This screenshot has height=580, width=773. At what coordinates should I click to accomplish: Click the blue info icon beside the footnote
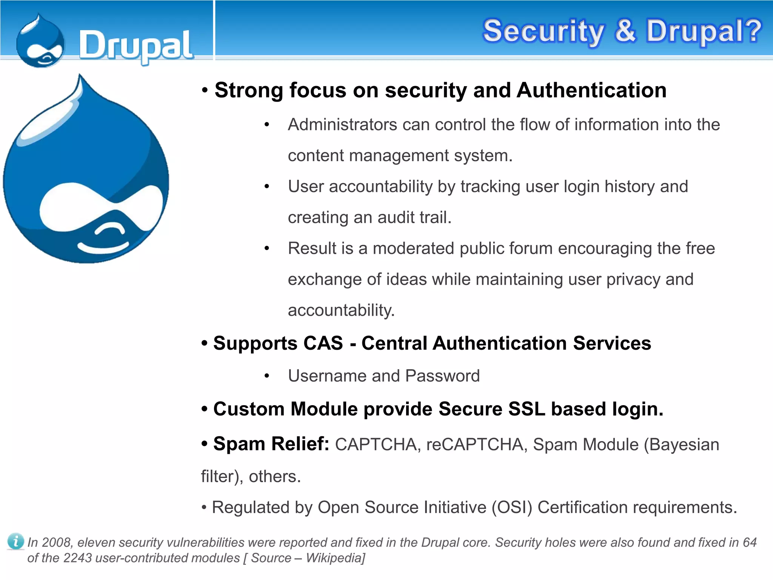pyautogui.click(x=15, y=541)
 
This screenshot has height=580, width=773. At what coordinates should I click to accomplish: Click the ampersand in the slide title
pyautogui.click(x=625, y=31)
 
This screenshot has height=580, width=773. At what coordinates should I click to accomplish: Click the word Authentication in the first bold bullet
pyautogui.click(x=591, y=90)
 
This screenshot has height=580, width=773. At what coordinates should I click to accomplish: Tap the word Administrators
pyautogui.click(x=342, y=125)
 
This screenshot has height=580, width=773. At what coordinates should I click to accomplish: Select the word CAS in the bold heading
pyautogui.click(x=323, y=343)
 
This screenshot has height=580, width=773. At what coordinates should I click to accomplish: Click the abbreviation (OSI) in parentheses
pyautogui.click(x=511, y=507)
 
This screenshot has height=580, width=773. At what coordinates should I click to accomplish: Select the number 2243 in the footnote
pyautogui.click(x=77, y=558)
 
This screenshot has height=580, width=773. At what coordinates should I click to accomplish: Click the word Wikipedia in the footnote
pyautogui.click(x=334, y=558)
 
